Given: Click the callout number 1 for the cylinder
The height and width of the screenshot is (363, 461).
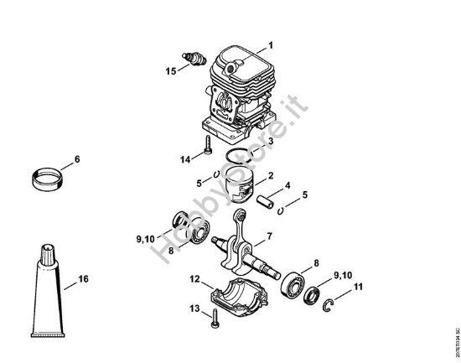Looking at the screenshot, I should pos(270,44).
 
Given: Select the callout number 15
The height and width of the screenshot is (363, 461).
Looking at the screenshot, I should pos(171,72).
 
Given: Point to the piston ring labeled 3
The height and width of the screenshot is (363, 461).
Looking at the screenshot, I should pos(243,157).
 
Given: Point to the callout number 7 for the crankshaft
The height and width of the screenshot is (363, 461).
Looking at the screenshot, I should pos(269,237).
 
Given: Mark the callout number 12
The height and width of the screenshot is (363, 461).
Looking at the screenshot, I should pos(194,277).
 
